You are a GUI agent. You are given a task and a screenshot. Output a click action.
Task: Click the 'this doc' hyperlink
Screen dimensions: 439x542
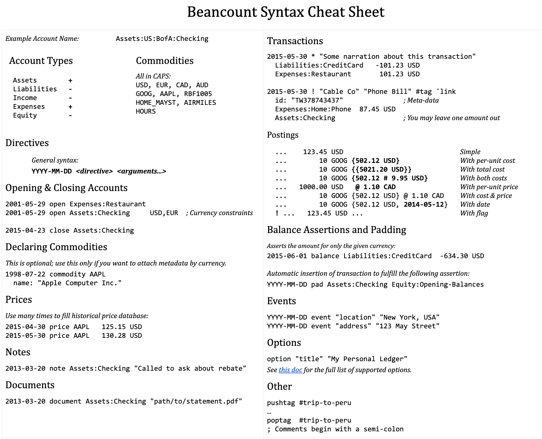[290, 370]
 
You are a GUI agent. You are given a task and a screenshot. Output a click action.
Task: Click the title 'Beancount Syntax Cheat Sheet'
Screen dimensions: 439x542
[286, 12]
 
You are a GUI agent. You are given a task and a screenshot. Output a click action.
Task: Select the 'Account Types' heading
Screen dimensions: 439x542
[41, 61]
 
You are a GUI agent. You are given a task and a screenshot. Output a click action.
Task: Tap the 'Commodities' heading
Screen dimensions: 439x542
[165, 61]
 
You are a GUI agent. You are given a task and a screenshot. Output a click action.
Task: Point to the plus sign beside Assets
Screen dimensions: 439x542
[70, 80]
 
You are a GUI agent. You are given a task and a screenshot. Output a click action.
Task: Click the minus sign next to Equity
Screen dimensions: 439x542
[70, 115]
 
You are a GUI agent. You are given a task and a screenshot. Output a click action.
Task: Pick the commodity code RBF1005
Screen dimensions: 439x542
[198, 94]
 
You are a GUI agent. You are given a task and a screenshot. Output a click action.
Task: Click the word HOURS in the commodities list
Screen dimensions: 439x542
[146, 111]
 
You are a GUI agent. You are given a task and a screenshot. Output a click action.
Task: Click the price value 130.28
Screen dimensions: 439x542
[114, 336]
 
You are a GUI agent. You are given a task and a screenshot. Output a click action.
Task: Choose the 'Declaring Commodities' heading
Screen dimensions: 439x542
[56, 247]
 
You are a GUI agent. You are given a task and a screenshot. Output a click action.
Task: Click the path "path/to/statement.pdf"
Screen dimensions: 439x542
[196, 401]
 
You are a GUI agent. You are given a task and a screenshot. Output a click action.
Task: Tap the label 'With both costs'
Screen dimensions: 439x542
[483, 178]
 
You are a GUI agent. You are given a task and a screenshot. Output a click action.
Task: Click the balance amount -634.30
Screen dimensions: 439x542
[453, 256]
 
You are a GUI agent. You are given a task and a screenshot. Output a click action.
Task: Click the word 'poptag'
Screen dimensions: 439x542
[279, 420]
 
